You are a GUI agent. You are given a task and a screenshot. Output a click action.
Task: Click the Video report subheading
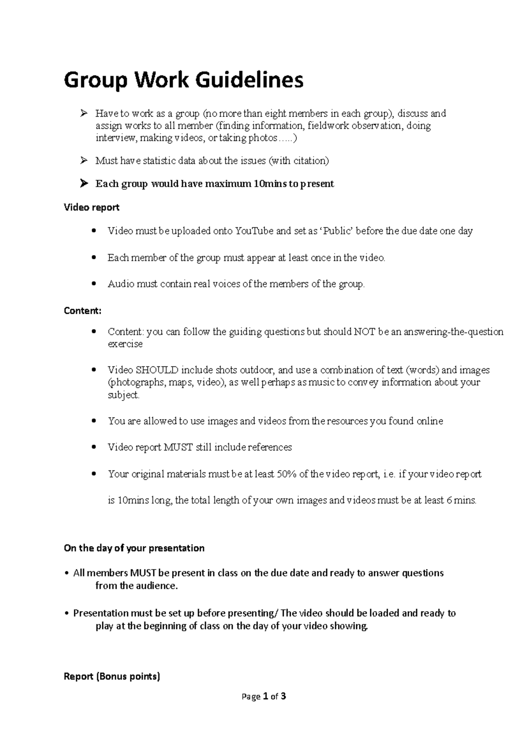point(91,207)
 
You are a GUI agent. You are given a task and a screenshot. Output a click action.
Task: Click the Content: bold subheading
point(83,311)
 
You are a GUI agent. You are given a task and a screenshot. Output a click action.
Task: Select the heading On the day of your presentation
point(134,548)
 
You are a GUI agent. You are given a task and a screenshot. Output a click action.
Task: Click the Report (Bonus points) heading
point(112,677)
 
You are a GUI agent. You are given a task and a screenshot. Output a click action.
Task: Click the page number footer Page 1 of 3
point(263,696)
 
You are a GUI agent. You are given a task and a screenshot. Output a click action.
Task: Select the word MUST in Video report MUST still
point(178,448)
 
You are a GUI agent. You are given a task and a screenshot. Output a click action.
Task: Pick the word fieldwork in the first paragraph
point(327,126)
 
